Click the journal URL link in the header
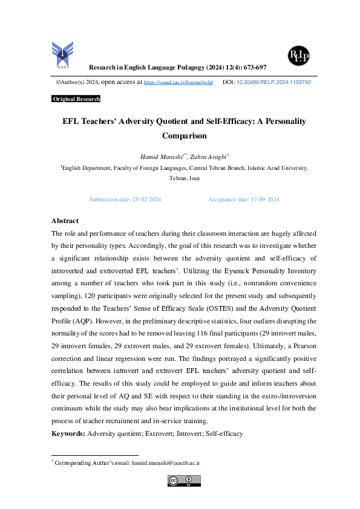click(x=178, y=82)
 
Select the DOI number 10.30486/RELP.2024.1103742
click(x=273, y=82)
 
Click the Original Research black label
click(x=76, y=99)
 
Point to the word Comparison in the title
click(x=185, y=137)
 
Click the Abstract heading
click(x=65, y=221)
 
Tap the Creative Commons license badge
click(x=184, y=481)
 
